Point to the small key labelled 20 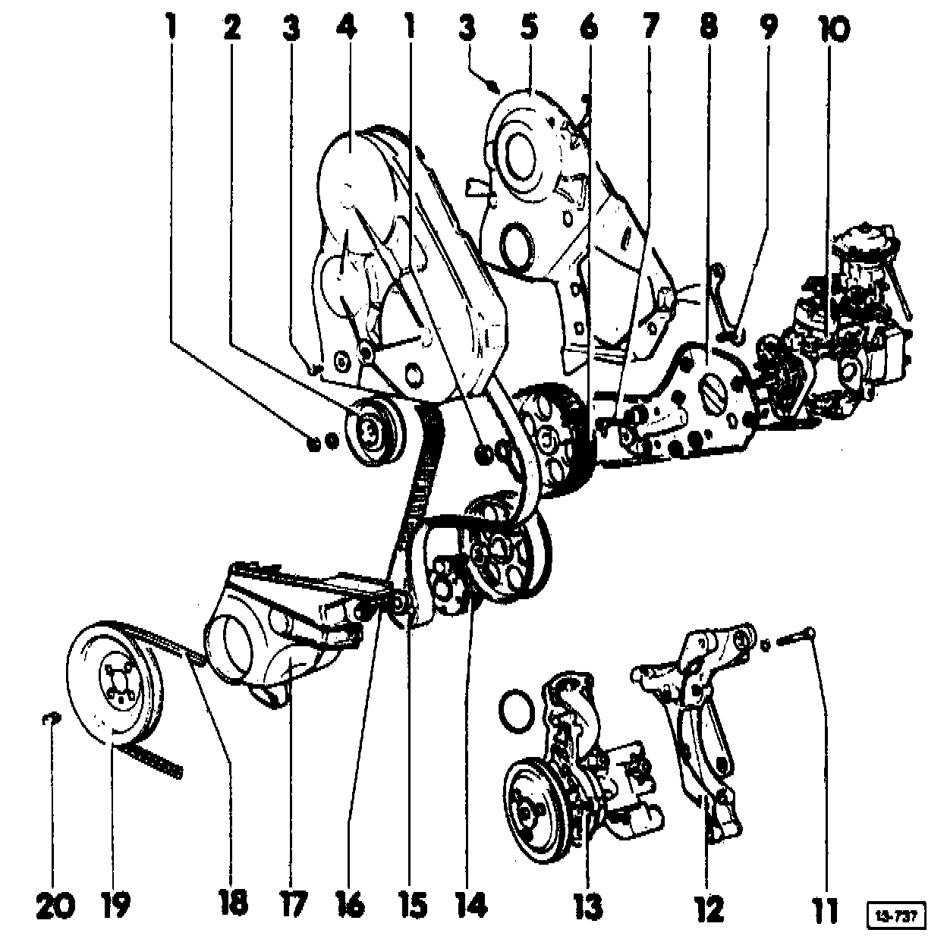tap(50, 718)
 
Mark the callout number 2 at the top tap(232, 27)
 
